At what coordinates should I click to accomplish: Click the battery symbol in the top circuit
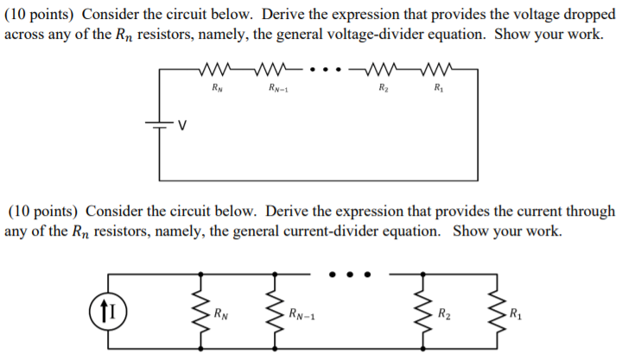tap(160, 124)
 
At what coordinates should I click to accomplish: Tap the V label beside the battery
tap(182, 126)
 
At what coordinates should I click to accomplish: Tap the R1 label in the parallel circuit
tap(516, 313)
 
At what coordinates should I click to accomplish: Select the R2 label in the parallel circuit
tap(444, 313)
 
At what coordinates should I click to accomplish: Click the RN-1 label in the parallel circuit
tap(301, 313)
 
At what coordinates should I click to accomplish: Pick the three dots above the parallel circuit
tap(351, 275)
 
